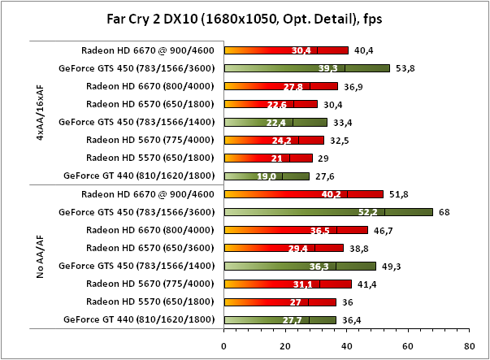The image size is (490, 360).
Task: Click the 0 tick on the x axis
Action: click(223, 344)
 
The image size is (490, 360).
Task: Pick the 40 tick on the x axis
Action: click(346, 344)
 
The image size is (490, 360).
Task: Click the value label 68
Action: click(444, 212)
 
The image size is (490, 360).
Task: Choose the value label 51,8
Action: click(398, 194)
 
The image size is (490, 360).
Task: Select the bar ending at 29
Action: click(268, 158)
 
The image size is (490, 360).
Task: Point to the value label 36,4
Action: click(350, 319)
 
